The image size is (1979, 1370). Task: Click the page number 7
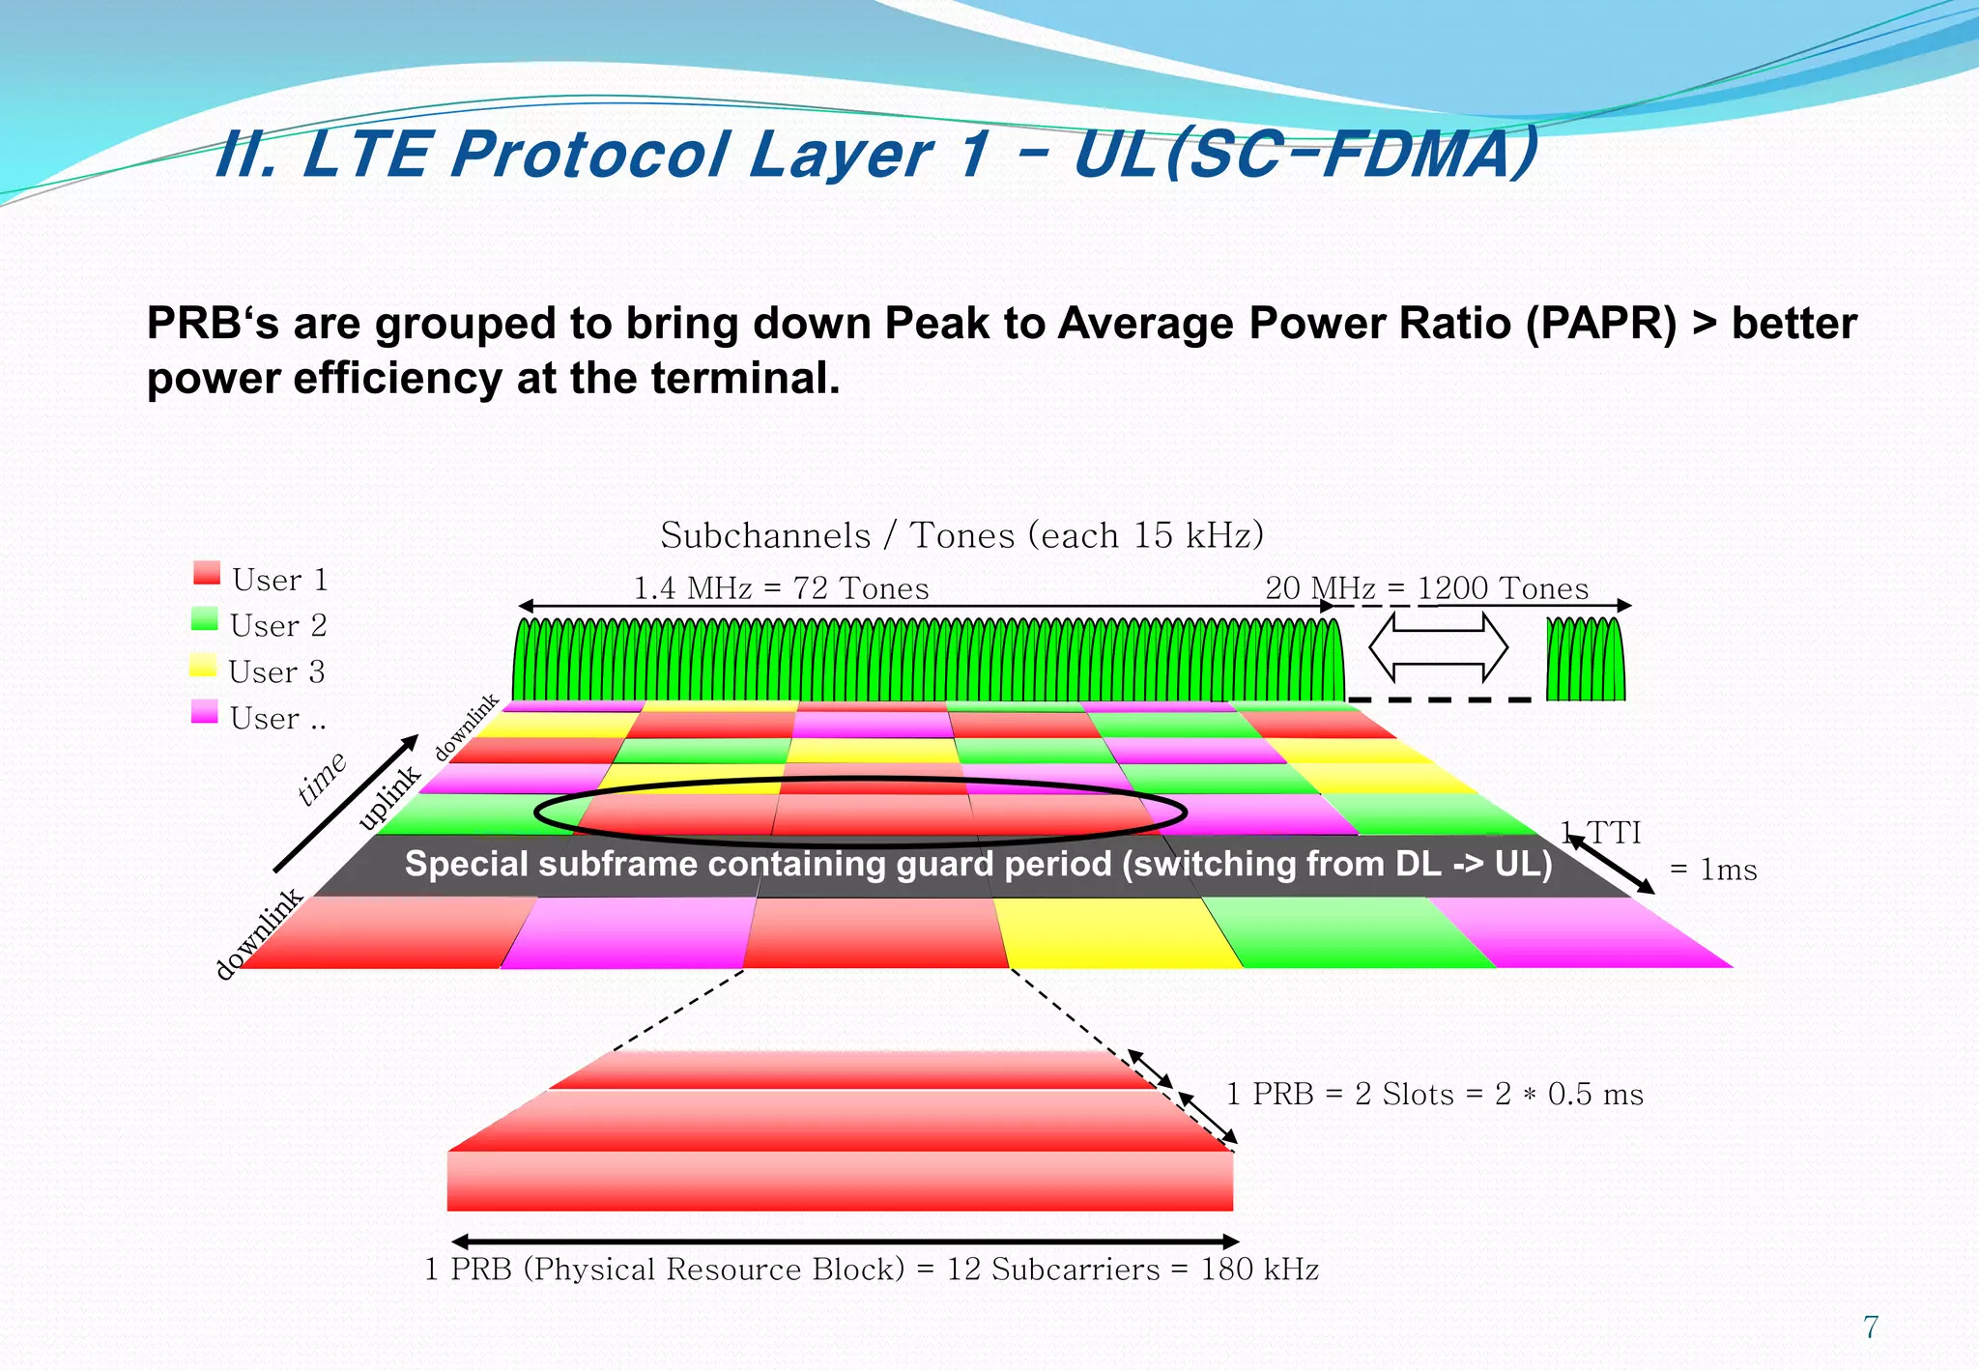click(1871, 1327)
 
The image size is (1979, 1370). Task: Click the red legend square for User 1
click(207, 573)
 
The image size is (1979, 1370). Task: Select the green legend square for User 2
click(205, 619)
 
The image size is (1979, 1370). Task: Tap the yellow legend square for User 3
click(203, 666)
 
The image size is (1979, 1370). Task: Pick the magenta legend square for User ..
click(205, 712)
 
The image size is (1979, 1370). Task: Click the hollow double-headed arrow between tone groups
click(1438, 647)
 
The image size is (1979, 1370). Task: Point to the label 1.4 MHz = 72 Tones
click(781, 588)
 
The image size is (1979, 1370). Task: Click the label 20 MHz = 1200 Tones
click(1426, 588)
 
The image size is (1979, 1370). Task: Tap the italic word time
click(322, 778)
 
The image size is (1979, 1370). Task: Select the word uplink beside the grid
click(389, 798)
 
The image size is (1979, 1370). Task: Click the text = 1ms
click(1713, 871)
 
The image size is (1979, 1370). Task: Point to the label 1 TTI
click(1601, 833)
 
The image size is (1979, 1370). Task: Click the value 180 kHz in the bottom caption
click(1259, 1270)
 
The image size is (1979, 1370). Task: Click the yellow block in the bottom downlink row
click(1116, 933)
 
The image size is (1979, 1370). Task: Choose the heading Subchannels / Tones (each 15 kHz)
click(961, 535)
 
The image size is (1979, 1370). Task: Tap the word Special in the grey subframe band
click(467, 864)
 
